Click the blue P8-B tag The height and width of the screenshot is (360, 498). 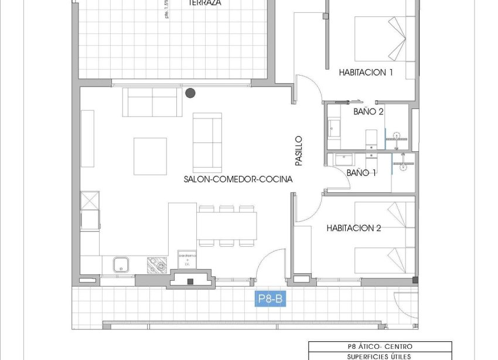(x=271, y=300)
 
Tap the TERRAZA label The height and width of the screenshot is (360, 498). (x=204, y=3)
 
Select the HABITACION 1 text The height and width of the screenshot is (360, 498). (x=366, y=73)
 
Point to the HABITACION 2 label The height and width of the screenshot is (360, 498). (x=354, y=228)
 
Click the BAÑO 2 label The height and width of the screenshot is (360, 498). (x=369, y=111)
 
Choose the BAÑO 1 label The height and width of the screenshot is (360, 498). (x=361, y=173)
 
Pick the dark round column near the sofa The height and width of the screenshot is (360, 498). (x=190, y=93)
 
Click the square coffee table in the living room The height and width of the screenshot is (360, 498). (x=150, y=156)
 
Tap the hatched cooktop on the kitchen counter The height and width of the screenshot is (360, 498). (x=157, y=265)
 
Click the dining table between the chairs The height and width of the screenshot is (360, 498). (x=227, y=225)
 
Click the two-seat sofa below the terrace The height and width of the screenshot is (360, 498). (x=152, y=103)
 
